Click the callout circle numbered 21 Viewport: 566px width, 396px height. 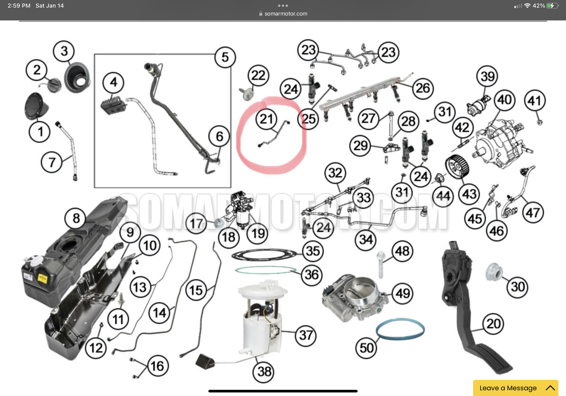[x=266, y=119]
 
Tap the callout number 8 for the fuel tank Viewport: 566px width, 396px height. [x=76, y=219]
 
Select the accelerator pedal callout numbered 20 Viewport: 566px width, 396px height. [x=493, y=324]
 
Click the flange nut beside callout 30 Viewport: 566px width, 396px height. [x=494, y=272]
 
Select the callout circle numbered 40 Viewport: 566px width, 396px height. [x=505, y=101]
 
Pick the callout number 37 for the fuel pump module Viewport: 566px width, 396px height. [x=306, y=335]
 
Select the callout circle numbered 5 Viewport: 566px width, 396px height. [x=225, y=57]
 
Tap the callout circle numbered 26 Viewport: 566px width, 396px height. [x=423, y=88]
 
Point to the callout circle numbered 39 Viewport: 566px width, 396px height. [x=488, y=76]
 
